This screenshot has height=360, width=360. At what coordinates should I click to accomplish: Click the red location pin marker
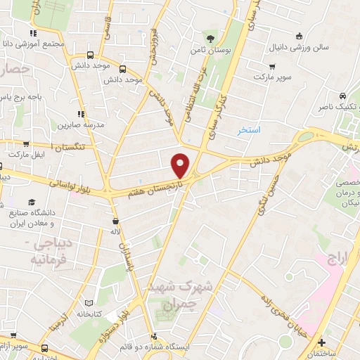click(181, 165)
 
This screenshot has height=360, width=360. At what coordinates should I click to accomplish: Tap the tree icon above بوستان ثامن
click(210, 38)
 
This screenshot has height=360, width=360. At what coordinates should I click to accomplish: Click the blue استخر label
click(248, 131)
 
